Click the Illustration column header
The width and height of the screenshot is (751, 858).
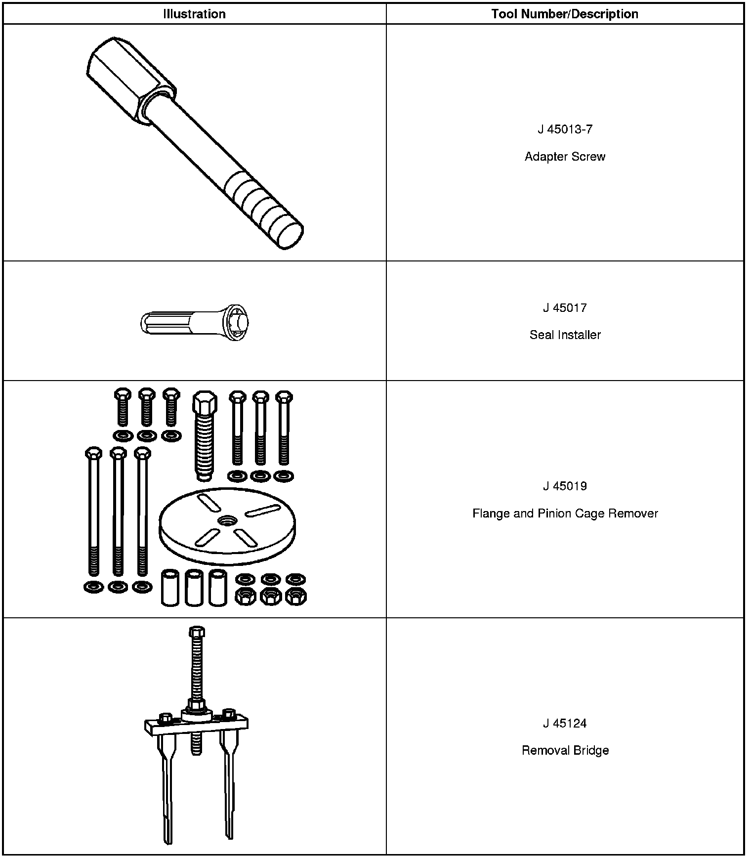point(194,14)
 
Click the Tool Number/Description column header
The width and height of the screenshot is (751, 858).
point(565,14)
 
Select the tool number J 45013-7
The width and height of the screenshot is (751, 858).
point(565,129)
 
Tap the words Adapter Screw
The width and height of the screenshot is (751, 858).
point(565,157)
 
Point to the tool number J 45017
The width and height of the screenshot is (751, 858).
point(565,308)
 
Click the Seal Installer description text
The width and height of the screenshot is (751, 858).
point(565,335)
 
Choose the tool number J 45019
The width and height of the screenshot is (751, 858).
point(565,486)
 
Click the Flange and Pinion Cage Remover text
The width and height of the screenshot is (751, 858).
point(565,514)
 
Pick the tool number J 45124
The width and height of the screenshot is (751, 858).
point(565,724)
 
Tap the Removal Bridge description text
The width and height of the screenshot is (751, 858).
point(565,751)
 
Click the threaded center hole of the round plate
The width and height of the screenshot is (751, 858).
point(227,520)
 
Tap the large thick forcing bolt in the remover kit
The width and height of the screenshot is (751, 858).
point(204,435)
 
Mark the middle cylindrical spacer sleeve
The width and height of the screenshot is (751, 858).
point(194,588)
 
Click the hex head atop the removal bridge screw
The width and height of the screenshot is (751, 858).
point(197,632)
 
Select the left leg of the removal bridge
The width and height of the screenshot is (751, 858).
point(167,786)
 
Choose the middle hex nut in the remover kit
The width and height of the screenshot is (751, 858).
point(270,597)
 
